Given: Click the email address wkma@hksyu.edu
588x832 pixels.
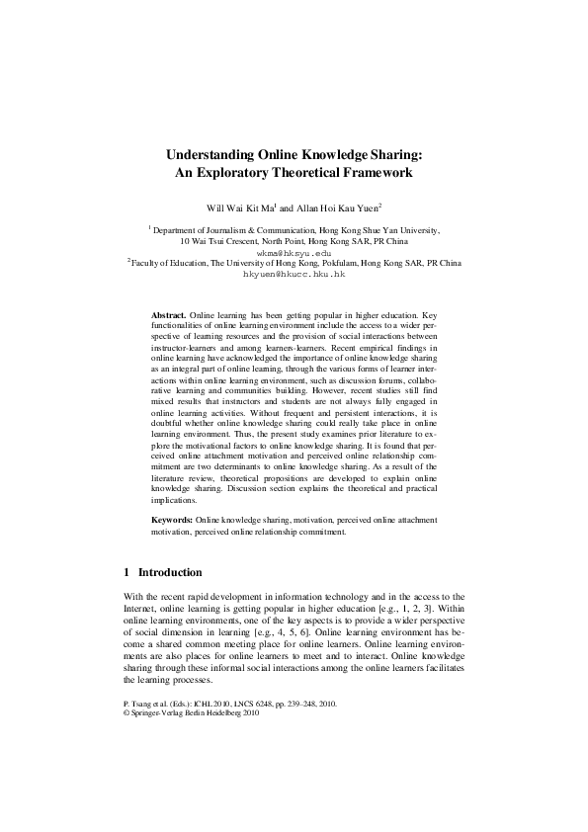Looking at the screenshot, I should [x=294, y=252].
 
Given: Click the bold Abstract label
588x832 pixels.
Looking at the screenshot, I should [x=168, y=312].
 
